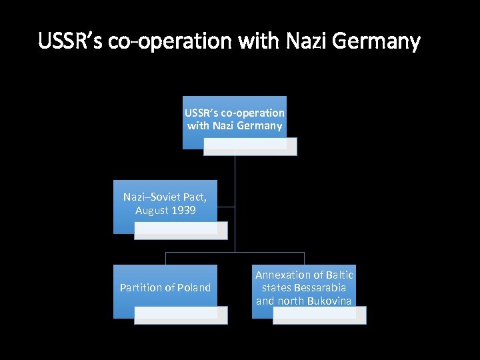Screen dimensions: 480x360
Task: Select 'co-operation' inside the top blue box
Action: click(256, 113)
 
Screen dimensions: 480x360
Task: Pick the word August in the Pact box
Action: click(151, 210)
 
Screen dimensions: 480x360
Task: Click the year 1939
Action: click(183, 210)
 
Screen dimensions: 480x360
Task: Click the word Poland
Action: click(193, 287)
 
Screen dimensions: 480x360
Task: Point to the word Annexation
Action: click(283, 275)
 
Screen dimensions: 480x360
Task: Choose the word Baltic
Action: click(340, 275)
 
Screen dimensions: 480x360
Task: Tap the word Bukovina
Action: click(329, 301)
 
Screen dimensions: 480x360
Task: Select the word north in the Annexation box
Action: click(291, 301)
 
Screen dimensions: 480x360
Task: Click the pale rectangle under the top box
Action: click(250, 147)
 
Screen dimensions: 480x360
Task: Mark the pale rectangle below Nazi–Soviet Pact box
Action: click(181, 230)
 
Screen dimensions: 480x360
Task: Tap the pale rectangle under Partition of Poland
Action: click(181, 315)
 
